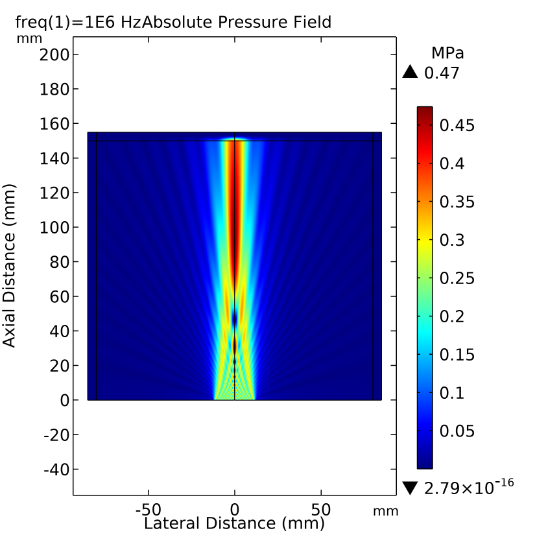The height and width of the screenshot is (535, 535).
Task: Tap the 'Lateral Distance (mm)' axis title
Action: point(233,523)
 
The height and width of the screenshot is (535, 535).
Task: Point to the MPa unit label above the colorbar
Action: point(447,53)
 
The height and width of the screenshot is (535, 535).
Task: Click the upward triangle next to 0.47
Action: point(410,72)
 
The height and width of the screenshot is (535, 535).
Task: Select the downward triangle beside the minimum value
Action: point(410,488)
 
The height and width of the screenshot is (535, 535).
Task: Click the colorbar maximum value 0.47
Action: point(442,73)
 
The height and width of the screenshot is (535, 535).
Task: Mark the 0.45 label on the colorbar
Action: point(457,125)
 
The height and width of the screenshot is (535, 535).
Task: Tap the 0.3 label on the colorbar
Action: point(453,240)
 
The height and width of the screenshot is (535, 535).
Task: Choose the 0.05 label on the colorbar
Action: point(457,431)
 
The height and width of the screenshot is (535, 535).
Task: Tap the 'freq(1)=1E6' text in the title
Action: point(60,22)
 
